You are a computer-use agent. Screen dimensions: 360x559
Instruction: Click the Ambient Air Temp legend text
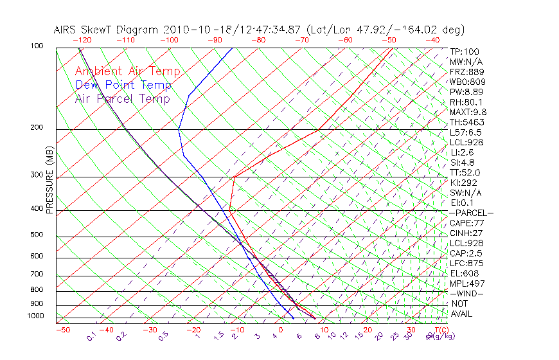point(127,72)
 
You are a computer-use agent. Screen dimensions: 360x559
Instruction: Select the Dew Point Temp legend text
point(123,85)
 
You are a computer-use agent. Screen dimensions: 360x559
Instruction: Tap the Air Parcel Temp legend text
point(122,99)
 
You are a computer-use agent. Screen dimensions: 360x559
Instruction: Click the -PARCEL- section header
point(471,213)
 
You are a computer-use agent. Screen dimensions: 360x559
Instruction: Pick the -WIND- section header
point(467,294)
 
